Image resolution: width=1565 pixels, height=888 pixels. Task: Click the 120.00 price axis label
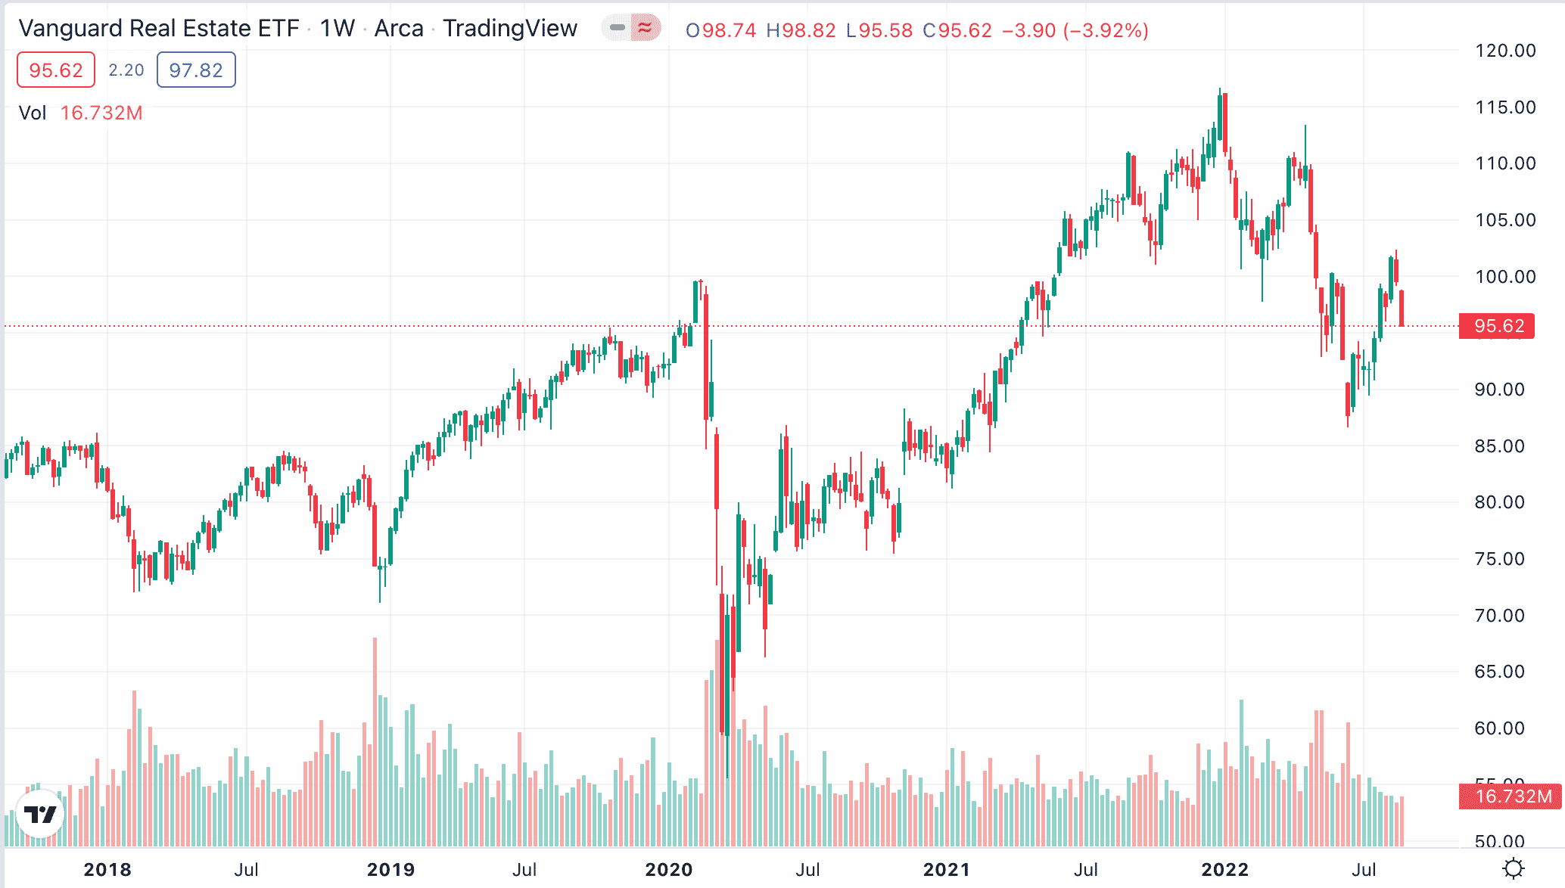click(1504, 51)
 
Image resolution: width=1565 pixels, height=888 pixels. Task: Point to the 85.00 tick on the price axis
click(1499, 446)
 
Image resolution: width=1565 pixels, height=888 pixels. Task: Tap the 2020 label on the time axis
click(668, 870)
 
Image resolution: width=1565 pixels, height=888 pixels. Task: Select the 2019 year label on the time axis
click(390, 870)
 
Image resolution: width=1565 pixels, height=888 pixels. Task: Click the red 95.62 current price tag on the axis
click(1497, 326)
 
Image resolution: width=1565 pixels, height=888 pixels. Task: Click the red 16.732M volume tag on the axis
click(1511, 796)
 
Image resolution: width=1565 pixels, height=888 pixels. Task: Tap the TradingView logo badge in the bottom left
click(39, 814)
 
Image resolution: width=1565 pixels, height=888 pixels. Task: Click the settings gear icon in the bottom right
click(1513, 868)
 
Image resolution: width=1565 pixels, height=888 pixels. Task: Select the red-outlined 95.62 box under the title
click(55, 70)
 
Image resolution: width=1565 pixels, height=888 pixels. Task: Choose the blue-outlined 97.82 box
click(196, 70)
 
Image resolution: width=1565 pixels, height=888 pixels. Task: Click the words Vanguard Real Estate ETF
click(159, 29)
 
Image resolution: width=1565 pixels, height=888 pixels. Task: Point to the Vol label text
click(33, 113)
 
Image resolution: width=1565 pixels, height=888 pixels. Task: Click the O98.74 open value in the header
click(720, 30)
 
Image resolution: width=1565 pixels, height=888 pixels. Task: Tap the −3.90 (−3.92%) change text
click(1075, 30)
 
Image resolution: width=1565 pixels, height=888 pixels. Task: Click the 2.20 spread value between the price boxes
click(126, 70)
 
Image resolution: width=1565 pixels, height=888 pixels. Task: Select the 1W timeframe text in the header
click(337, 29)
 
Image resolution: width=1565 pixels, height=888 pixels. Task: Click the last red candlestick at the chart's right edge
click(1402, 308)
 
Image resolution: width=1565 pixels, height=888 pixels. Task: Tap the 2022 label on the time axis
click(1224, 870)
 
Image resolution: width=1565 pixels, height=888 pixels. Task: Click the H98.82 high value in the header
click(801, 30)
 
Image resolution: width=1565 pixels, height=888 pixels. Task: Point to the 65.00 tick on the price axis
click(1499, 672)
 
